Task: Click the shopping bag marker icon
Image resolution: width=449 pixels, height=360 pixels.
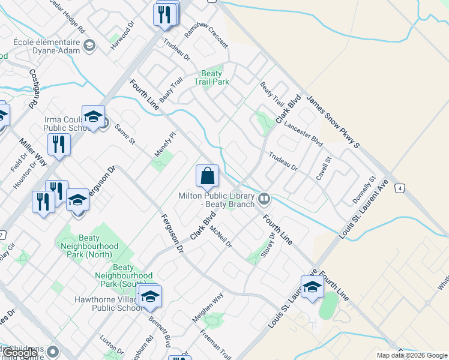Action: point(207,176)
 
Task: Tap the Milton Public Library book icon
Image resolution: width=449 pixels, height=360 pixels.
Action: point(264,198)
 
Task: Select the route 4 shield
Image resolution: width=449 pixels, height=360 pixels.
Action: point(399,188)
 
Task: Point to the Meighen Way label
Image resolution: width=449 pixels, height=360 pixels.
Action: point(208,308)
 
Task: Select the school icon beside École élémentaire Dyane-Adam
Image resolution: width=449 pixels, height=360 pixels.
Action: point(89,46)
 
